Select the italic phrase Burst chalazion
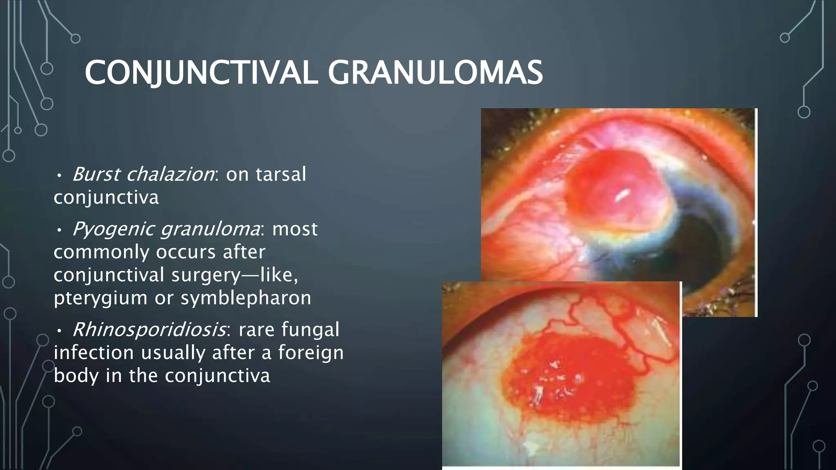click(x=143, y=174)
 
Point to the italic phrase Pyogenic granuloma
click(x=166, y=229)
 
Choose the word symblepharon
click(x=246, y=297)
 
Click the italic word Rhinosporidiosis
click(x=149, y=329)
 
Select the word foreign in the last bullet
click(x=311, y=352)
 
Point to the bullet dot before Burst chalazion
click(x=59, y=176)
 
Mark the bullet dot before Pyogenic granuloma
click(x=59, y=231)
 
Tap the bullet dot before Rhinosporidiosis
click(x=59, y=331)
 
